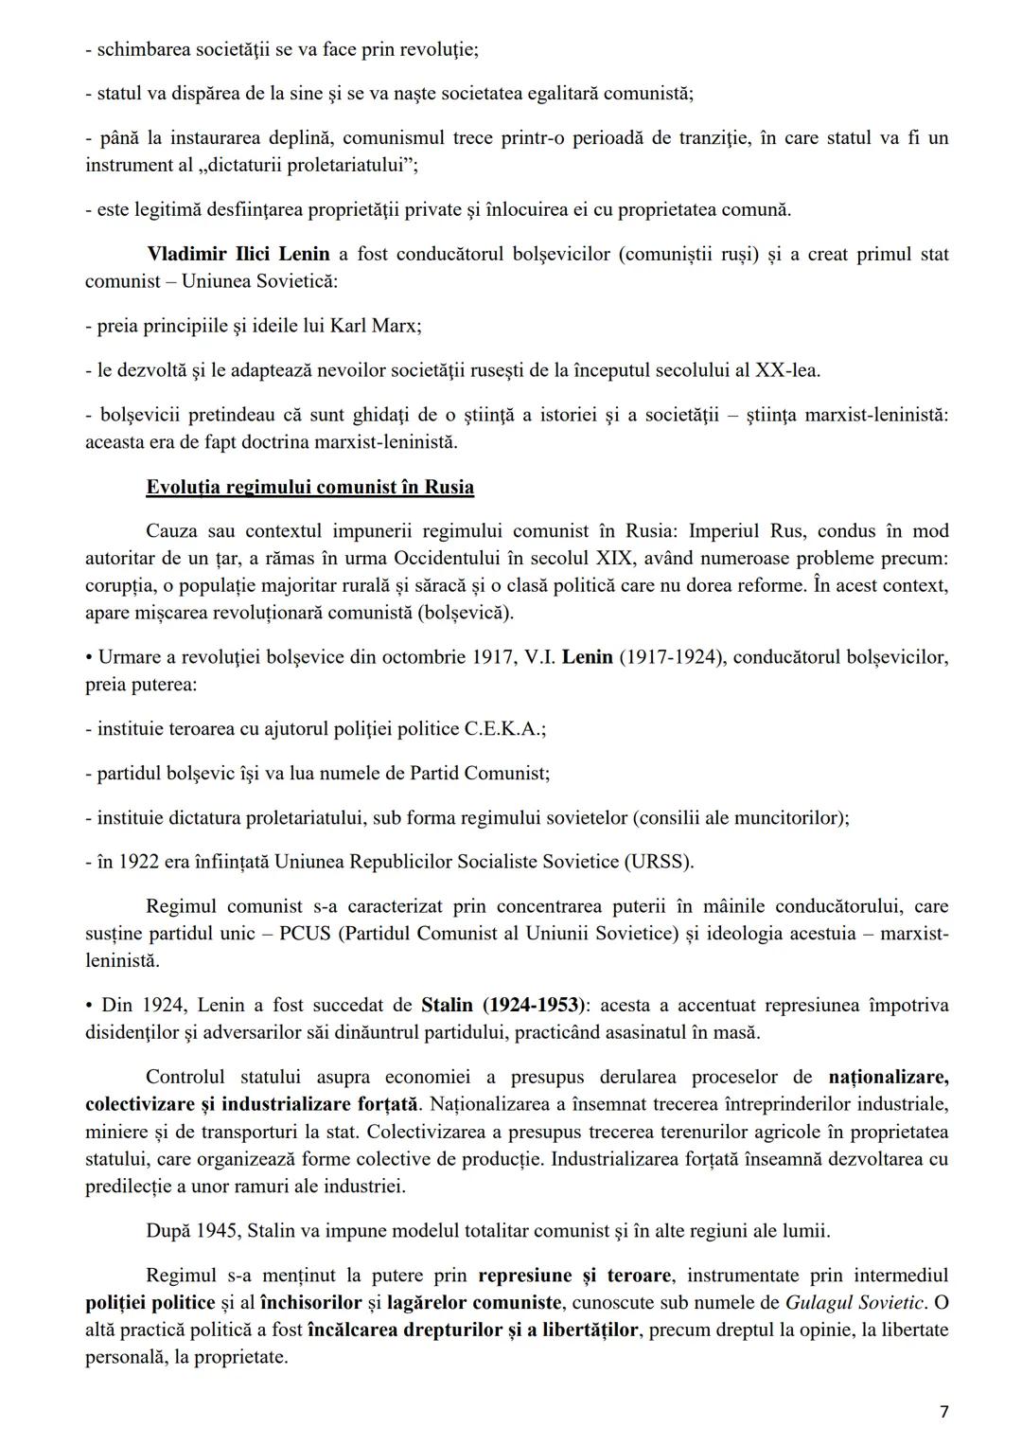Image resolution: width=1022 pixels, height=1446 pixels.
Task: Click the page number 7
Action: pos(943,1412)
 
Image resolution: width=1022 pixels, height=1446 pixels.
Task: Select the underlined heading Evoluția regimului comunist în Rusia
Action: pos(309,487)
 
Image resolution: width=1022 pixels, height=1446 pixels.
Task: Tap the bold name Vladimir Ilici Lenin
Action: pos(238,254)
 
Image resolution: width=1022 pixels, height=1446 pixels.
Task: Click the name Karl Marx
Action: pos(374,326)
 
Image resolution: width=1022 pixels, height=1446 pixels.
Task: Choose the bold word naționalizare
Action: pos(888,1077)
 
